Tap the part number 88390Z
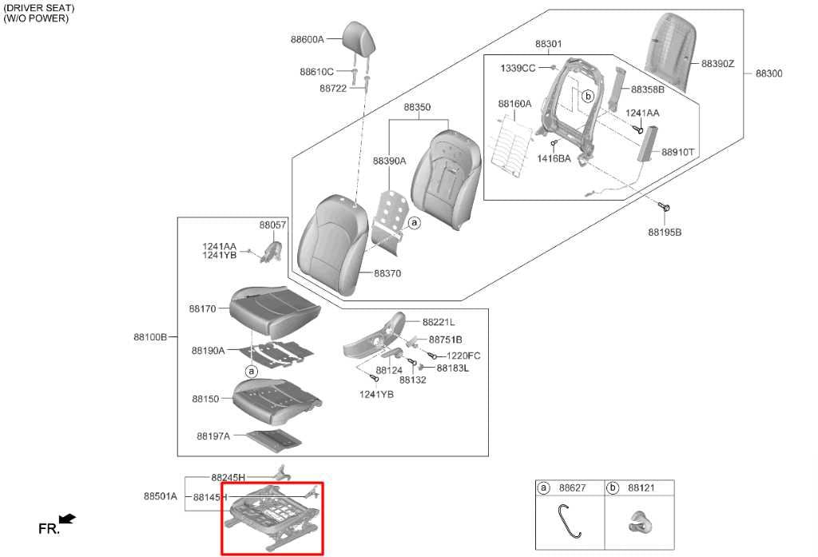[717, 64]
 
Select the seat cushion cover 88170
[275, 311]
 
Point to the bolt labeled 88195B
[664, 207]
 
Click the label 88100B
[150, 337]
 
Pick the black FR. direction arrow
[68, 519]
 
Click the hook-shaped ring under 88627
[569, 520]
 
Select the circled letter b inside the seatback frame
[588, 97]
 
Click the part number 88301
[548, 45]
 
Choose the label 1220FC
[463, 356]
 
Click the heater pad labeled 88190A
[277, 354]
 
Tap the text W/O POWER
[36, 18]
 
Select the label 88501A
[161, 496]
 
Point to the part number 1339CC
[518, 69]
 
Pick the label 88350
[417, 107]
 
